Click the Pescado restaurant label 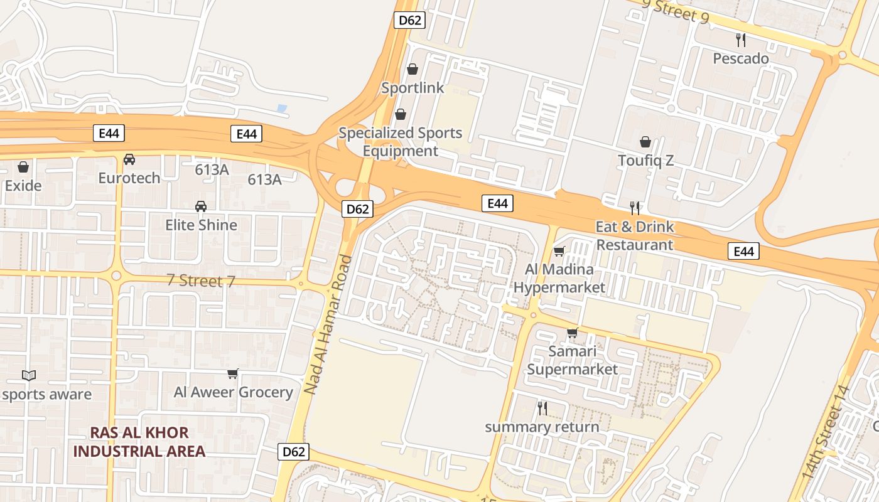pyautogui.click(x=741, y=58)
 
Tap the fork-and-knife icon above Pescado pyautogui.click(x=741, y=40)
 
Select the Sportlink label pyautogui.click(x=413, y=88)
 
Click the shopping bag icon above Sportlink pyautogui.click(x=413, y=69)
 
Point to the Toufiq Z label pyautogui.click(x=645, y=161)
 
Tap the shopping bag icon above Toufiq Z pyautogui.click(x=645, y=142)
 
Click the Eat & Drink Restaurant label pyautogui.click(x=635, y=235)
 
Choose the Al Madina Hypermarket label pyautogui.click(x=559, y=279)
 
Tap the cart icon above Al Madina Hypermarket pyautogui.click(x=559, y=252)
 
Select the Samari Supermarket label pyautogui.click(x=572, y=360)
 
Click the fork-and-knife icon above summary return pyautogui.click(x=542, y=409)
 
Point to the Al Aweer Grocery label pyautogui.click(x=233, y=392)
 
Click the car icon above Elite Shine pyautogui.click(x=201, y=206)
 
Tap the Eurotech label pyautogui.click(x=129, y=178)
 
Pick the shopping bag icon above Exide pyautogui.click(x=23, y=167)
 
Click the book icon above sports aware pyautogui.click(x=29, y=375)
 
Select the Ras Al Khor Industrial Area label pyautogui.click(x=139, y=442)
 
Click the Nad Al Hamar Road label pyautogui.click(x=328, y=324)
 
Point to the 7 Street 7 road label pyautogui.click(x=201, y=280)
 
